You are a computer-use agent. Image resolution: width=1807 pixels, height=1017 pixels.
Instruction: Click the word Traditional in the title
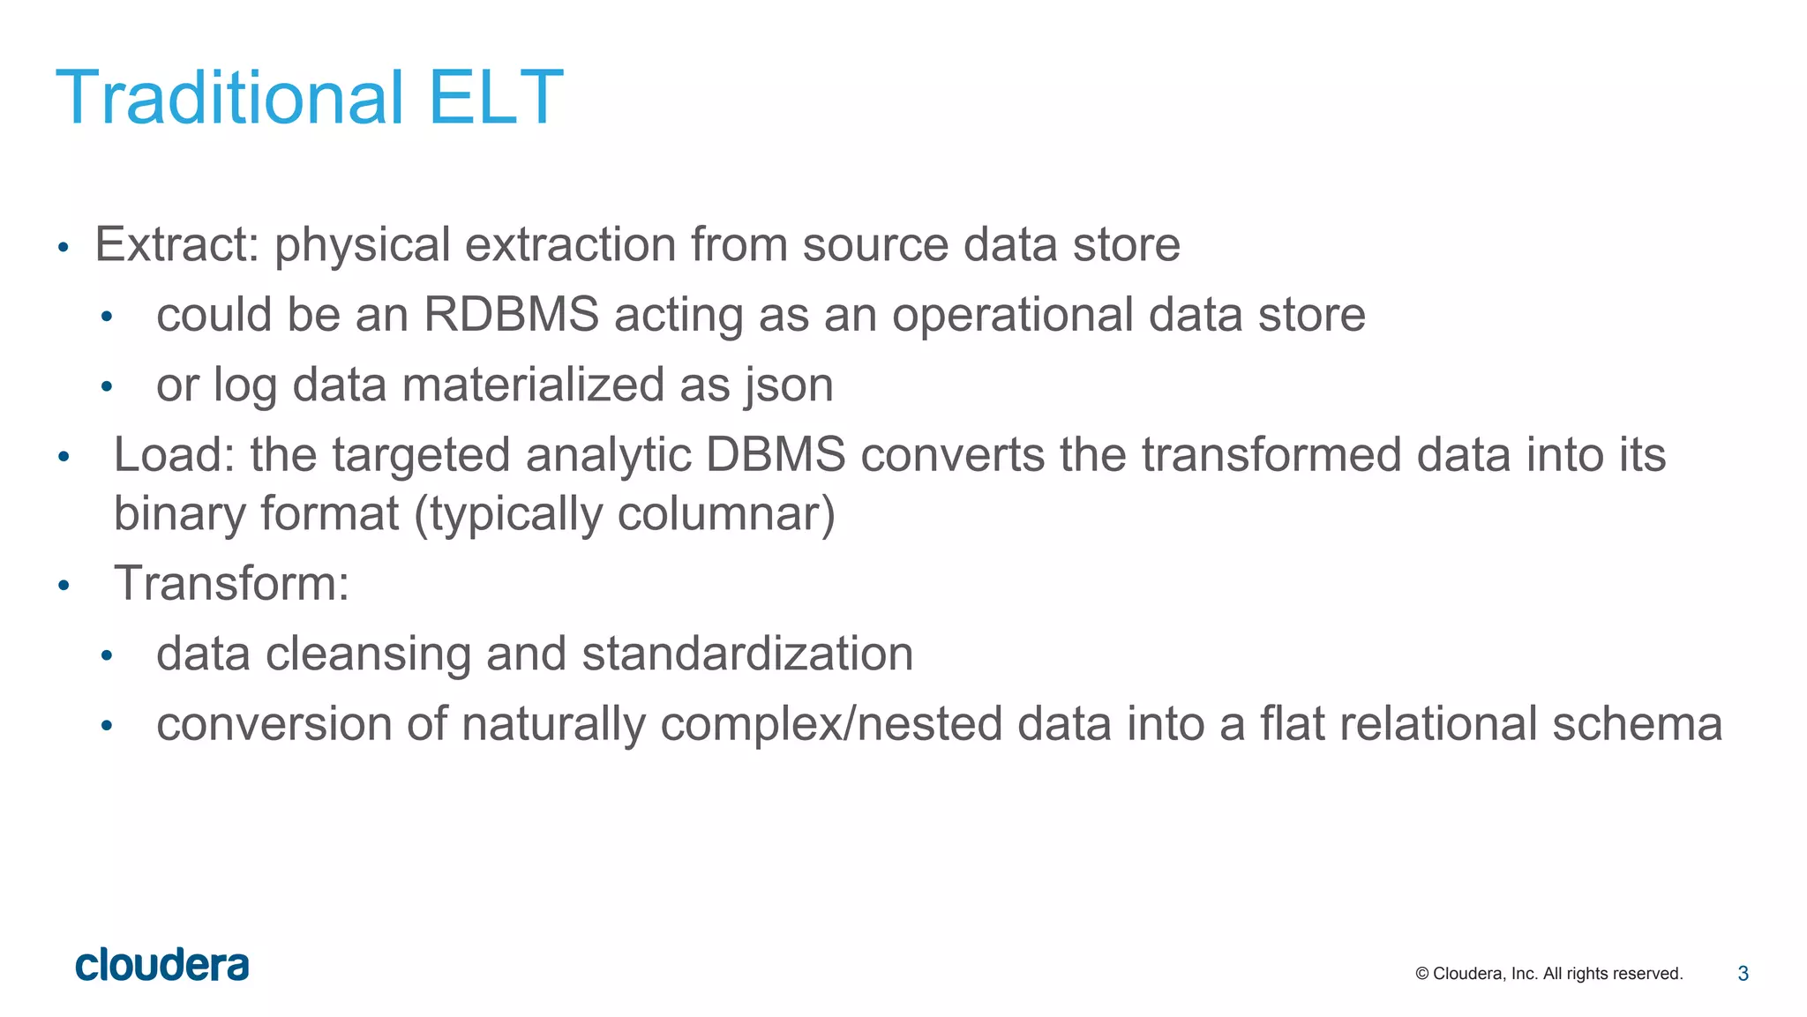pos(229,97)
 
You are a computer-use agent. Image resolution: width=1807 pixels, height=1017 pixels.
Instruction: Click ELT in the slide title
pos(495,97)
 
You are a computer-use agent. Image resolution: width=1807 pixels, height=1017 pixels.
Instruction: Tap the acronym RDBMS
pos(511,315)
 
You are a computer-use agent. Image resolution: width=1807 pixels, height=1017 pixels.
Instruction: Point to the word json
pos(788,385)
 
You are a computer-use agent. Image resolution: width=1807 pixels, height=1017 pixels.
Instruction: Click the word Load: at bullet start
pos(174,455)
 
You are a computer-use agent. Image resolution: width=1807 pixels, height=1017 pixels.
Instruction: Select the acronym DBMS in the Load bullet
pos(775,455)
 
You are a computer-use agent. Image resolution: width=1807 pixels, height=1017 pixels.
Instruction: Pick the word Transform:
pos(231,584)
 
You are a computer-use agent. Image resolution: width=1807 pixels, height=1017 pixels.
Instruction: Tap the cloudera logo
pos(162,966)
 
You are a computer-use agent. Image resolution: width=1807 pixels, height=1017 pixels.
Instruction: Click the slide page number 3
pos(1743,974)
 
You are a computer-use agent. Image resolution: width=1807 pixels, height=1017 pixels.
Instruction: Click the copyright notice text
pos(1548,974)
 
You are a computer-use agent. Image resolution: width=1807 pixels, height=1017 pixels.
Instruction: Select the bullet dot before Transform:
pos(64,586)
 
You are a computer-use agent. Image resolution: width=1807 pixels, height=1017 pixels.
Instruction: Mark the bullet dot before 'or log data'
pos(107,386)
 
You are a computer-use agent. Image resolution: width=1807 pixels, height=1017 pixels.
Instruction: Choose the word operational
pos(1012,315)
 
